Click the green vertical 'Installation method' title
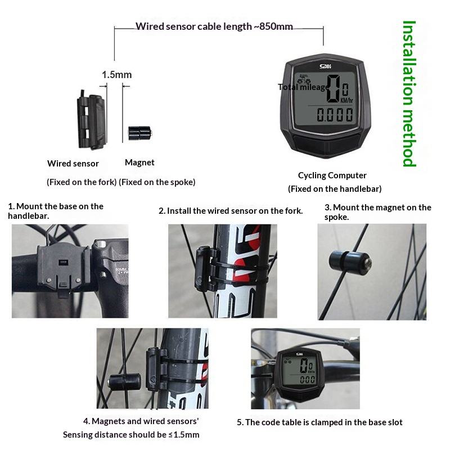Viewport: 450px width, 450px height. coord(409,93)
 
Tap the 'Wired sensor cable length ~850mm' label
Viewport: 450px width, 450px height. coord(214,26)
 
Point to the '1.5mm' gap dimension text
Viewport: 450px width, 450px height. coord(117,75)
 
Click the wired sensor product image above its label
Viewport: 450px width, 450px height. coord(92,120)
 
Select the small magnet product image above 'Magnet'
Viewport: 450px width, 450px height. coord(139,133)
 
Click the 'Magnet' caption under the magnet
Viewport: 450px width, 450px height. coord(139,163)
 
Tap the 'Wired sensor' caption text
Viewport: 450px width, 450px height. coord(73,164)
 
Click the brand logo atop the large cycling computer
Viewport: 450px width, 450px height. coord(325,66)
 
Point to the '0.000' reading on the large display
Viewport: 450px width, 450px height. coord(335,115)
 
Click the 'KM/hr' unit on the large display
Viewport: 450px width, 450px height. coord(346,100)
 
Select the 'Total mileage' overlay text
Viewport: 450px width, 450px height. coord(303,87)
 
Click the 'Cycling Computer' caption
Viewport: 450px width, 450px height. coord(332,175)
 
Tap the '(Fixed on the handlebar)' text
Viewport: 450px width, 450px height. coord(335,189)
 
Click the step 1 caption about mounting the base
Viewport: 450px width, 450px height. coord(56,211)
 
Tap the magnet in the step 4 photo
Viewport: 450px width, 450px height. coord(124,382)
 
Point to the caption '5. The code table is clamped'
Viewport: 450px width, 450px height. coord(319,422)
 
